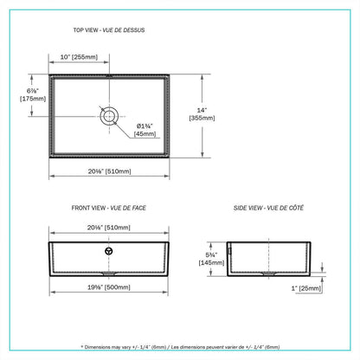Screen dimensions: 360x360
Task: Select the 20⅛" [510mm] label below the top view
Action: point(110,171)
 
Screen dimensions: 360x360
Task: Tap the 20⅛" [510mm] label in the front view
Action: point(110,227)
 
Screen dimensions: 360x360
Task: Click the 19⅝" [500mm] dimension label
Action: point(110,286)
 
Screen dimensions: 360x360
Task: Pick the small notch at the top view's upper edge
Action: point(110,75)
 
